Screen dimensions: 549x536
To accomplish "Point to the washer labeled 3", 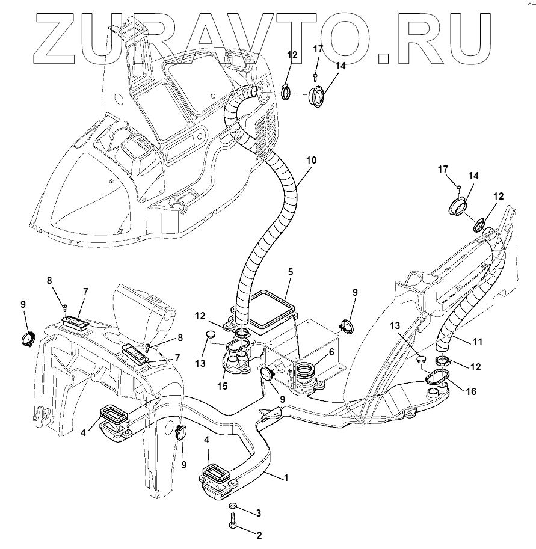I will [233, 506].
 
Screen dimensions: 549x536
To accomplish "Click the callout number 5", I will [290, 272].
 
